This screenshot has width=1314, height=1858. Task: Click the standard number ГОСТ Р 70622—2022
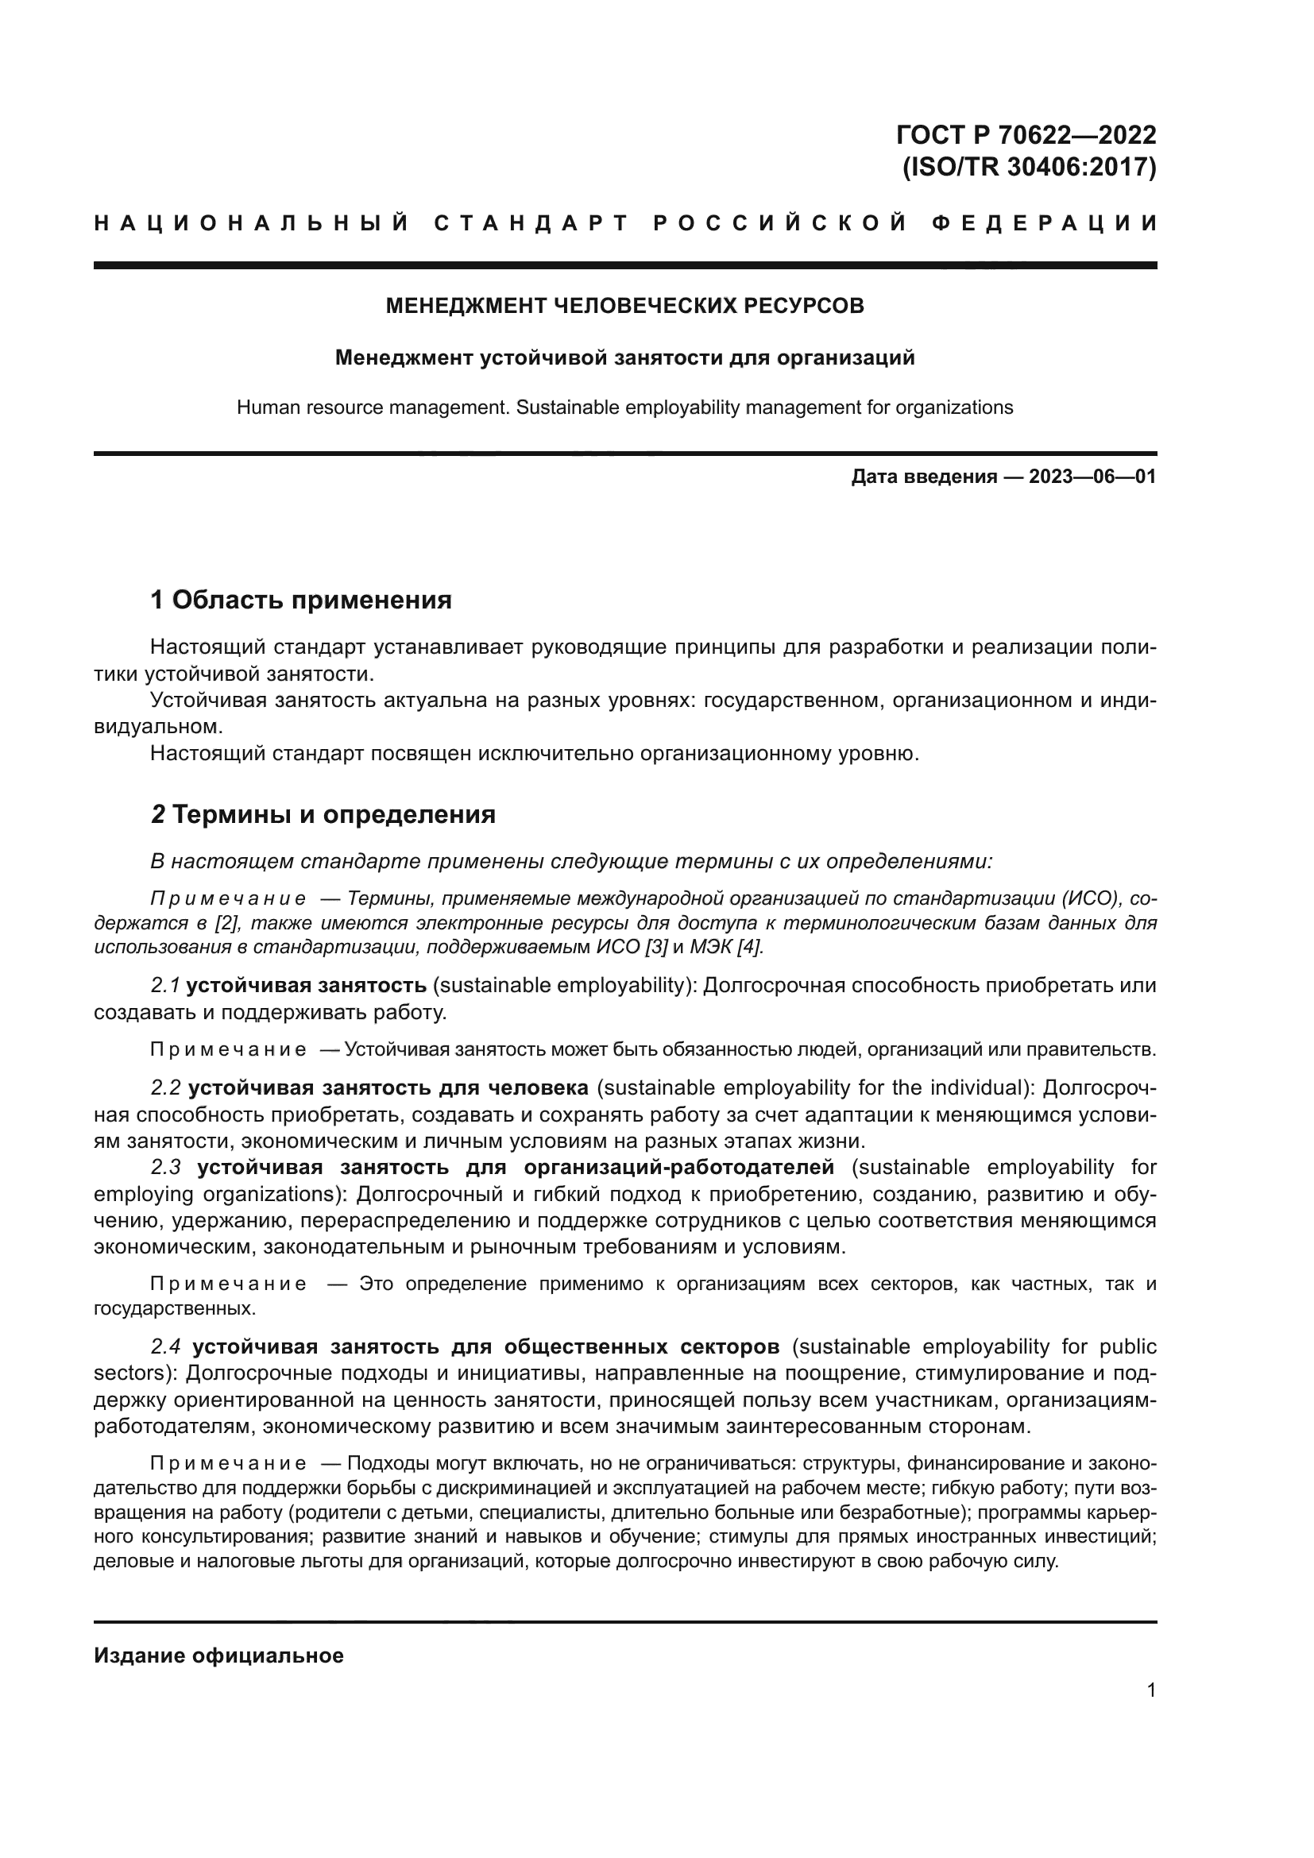(1026, 134)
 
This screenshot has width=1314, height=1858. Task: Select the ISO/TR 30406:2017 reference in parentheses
(1028, 168)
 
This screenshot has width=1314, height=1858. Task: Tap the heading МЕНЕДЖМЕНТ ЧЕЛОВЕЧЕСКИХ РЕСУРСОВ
(624, 306)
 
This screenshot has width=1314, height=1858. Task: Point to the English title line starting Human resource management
(624, 408)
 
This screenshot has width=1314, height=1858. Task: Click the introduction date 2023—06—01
(1092, 477)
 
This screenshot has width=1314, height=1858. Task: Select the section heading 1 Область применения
(301, 601)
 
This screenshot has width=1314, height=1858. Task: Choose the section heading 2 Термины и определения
(323, 815)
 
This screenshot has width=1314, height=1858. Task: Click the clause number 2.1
(165, 986)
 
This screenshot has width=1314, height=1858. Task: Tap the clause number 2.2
(166, 1088)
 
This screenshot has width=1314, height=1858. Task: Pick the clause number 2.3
(166, 1168)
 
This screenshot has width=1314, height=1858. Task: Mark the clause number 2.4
(166, 1347)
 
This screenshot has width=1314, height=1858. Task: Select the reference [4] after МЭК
(748, 947)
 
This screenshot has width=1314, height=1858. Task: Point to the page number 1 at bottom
(1150, 1691)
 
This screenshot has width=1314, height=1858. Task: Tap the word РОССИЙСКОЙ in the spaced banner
(780, 223)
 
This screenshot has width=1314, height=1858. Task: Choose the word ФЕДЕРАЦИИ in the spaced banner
(1045, 223)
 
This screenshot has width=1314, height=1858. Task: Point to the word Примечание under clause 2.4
(228, 1464)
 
